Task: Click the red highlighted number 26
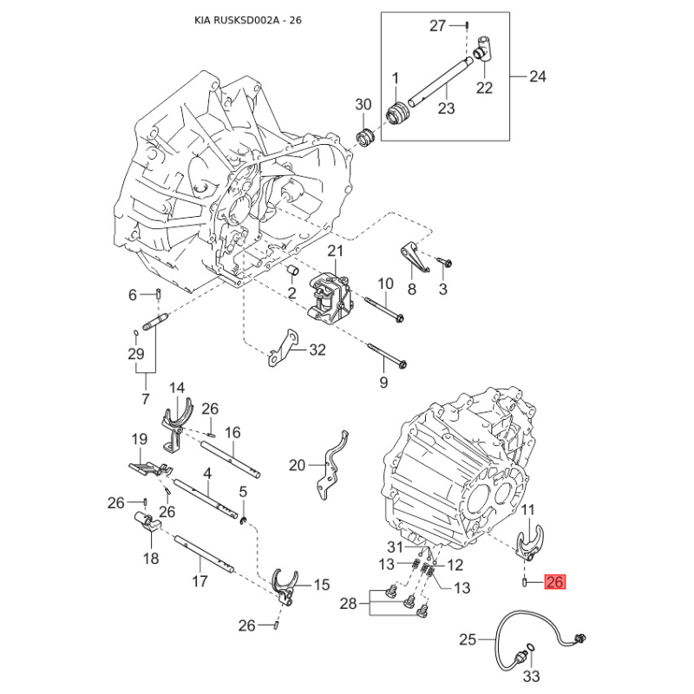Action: (555, 581)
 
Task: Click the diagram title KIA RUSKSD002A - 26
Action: (248, 20)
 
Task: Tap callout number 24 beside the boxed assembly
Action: (538, 76)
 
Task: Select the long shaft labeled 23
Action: (438, 82)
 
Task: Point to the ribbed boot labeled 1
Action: (398, 114)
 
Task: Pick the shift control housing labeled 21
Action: (330, 296)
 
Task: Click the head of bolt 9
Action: (402, 364)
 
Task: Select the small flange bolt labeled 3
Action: (444, 262)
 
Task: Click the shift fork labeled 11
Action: (530, 542)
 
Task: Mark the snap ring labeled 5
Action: (243, 521)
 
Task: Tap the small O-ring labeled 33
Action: (532, 647)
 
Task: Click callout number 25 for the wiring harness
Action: (468, 639)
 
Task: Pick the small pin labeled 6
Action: (158, 294)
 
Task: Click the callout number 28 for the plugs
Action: (349, 603)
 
